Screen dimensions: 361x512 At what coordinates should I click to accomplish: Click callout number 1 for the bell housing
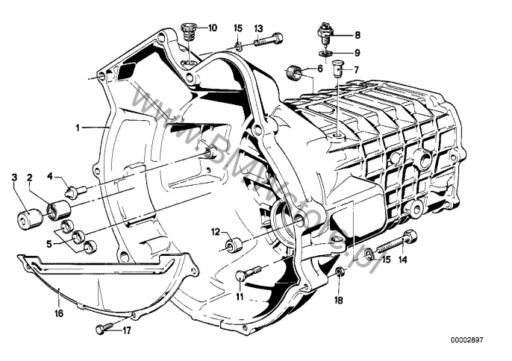pyautogui.click(x=78, y=128)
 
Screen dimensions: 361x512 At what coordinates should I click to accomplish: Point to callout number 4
pyautogui.click(x=51, y=177)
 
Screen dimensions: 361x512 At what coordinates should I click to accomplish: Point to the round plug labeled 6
pyautogui.click(x=295, y=72)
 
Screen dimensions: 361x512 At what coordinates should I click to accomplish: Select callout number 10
pyautogui.click(x=213, y=28)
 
